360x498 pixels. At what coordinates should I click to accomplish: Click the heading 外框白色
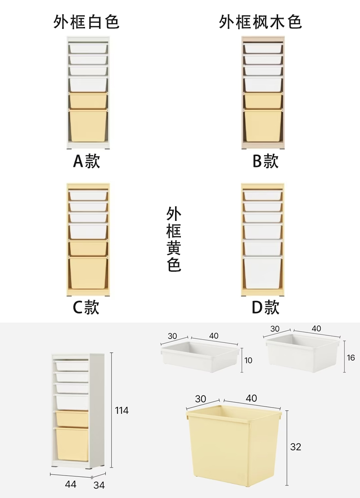click(86, 22)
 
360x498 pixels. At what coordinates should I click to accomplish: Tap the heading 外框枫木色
click(261, 22)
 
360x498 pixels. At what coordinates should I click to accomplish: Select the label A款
click(86, 161)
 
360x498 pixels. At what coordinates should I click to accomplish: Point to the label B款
click(265, 161)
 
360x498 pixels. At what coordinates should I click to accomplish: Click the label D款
click(265, 307)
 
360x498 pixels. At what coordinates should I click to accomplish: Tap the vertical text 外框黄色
click(174, 239)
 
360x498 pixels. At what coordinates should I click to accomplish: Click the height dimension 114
click(121, 410)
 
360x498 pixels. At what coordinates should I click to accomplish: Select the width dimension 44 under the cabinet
click(71, 484)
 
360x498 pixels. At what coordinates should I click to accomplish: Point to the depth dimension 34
click(99, 485)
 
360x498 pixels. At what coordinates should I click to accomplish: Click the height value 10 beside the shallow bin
click(248, 360)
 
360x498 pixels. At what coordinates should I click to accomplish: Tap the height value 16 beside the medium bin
click(351, 358)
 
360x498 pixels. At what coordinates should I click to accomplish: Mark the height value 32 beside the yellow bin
click(295, 447)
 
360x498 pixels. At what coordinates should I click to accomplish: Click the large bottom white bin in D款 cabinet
click(263, 272)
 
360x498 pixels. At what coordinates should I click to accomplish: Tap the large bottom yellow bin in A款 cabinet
click(88, 126)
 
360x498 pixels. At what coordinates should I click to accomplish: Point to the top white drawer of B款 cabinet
click(263, 48)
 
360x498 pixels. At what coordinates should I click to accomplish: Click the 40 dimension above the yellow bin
click(252, 398)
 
